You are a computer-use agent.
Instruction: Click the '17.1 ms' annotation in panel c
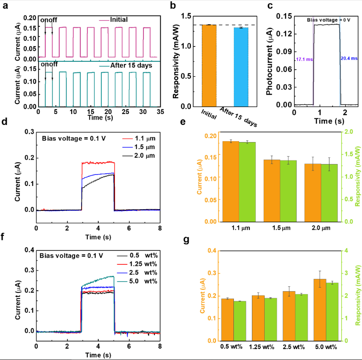tap(304, 59)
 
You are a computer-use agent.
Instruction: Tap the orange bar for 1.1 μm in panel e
tap(231, 182)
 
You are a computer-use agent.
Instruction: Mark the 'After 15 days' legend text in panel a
tap(130, 65)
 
